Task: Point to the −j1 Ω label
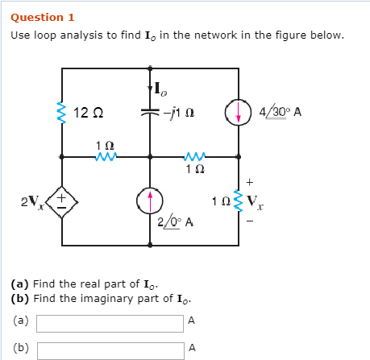point(175,112)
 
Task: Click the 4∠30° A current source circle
point(239,112)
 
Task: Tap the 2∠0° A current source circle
point(151,200)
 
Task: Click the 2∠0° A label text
point(175,221)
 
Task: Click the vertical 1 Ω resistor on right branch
point(239,200)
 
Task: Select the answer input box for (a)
point(110,323)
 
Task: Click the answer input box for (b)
point(110,350)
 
